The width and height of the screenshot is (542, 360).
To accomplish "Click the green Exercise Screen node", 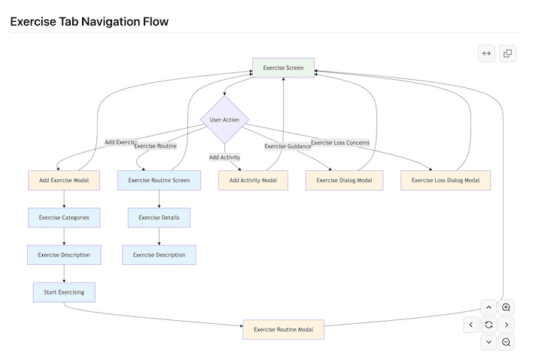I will (283, 68).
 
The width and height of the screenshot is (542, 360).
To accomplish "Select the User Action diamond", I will (224, 120).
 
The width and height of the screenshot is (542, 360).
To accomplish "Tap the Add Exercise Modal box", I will (64, 180).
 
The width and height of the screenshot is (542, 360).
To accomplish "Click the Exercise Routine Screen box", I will (159, 180).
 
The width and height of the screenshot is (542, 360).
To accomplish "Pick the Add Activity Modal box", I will (253, 180).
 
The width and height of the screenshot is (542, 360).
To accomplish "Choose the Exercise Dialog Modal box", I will (344, 180).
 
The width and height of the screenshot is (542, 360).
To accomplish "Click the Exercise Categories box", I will (64, 218).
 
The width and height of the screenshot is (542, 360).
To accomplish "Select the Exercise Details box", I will (159, 218).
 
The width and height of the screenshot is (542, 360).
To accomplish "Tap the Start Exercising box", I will (64, 292).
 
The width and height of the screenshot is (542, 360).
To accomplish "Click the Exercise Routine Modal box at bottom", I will (283, 329).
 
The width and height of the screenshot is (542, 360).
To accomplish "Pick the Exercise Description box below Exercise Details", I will (159, 255).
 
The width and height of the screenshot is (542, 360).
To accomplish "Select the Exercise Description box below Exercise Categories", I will (64, 255).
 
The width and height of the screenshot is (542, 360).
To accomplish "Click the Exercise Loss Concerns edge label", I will (340, 142).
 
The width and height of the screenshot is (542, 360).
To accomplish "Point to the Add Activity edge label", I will (224, 157).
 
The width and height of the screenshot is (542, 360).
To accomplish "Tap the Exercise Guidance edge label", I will (288, 146).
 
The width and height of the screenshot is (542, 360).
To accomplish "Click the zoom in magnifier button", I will (507, 307).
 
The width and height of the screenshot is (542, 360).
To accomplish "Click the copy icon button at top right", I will (507, 53).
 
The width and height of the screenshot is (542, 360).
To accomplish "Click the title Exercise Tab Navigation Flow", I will (90, 22).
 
